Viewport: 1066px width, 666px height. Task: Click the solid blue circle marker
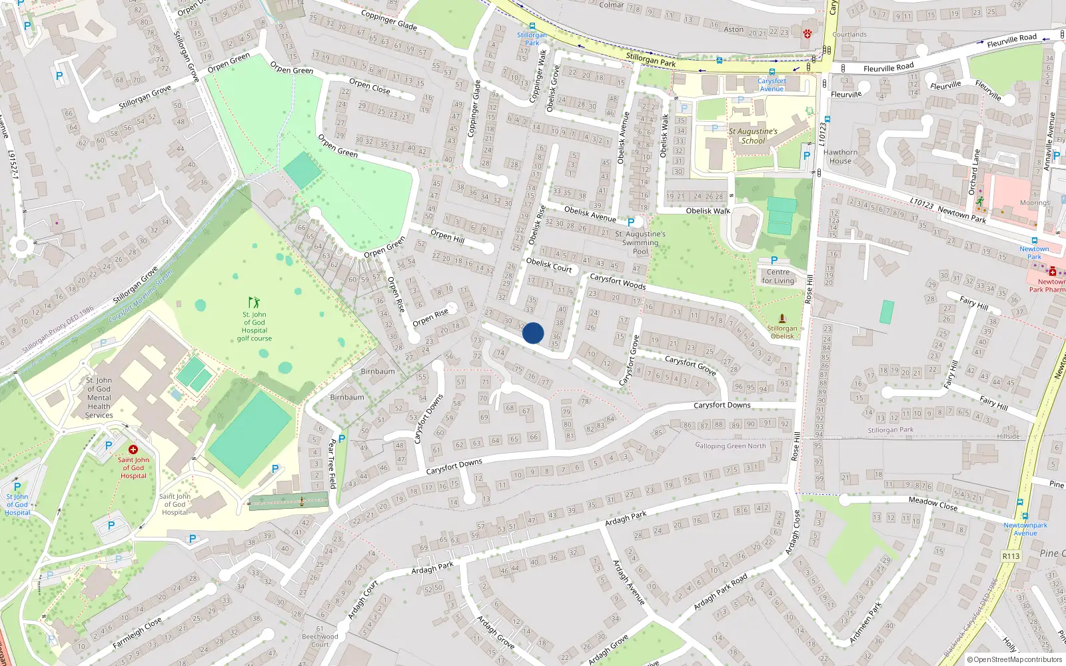(533, 333)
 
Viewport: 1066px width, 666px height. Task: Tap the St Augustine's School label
(753, 136)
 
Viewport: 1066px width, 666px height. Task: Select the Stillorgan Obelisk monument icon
(782, 318)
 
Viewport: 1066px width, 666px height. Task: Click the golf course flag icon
(253, 302)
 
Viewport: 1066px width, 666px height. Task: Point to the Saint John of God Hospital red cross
(133, 450)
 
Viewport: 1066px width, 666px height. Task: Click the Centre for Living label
(778, 276)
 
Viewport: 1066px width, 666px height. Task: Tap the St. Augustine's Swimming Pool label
(640, 242)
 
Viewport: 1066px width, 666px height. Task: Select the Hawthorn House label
(840, 157)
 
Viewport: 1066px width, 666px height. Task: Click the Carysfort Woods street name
(618, 282)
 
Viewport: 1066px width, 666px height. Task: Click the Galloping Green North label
(730, 446)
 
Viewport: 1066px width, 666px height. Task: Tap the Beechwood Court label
(320, 640)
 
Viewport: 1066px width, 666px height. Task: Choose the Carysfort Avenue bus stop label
(772, 85)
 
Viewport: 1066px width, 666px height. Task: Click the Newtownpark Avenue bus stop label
(1025, 529)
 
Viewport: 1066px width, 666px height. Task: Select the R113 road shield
(1011, 556)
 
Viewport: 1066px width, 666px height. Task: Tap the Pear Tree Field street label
(332, 464)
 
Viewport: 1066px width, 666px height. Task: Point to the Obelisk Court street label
(549, 265)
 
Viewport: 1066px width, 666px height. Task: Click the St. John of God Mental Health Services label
(99, 398)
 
